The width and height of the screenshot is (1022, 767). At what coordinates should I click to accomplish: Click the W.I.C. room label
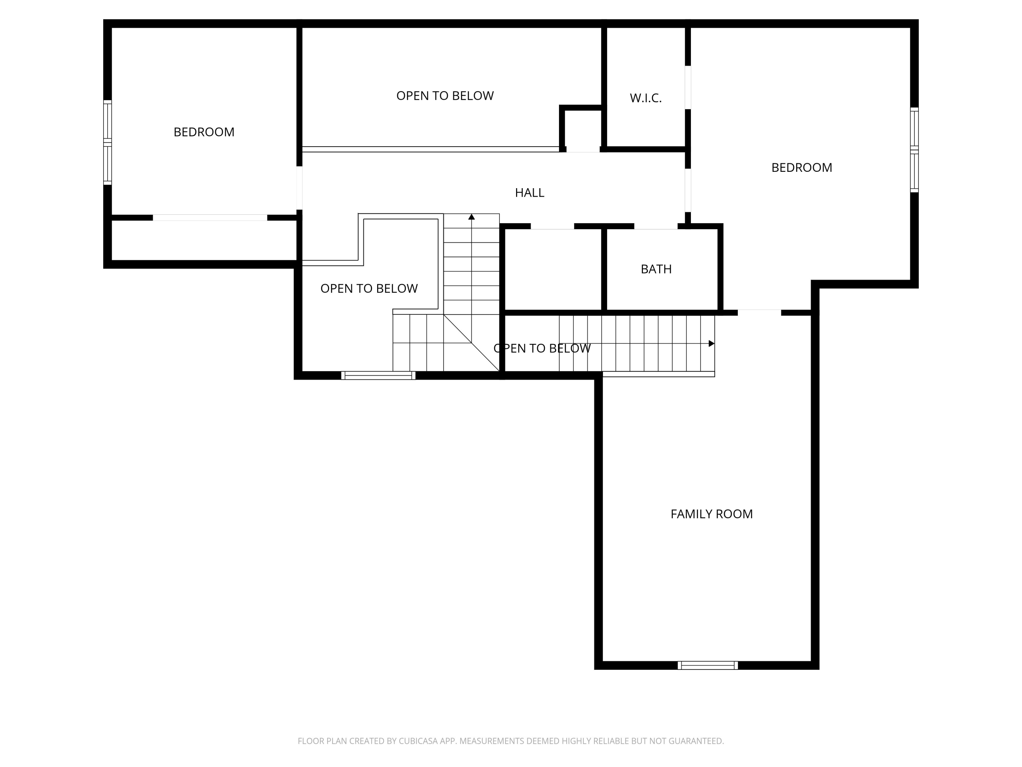tap(646, 98)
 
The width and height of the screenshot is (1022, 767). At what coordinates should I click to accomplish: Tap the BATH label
tap(656, 269)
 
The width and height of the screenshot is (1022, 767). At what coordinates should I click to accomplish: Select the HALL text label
tap(529, 193)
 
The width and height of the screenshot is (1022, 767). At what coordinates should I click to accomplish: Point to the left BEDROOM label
tap(204, 132)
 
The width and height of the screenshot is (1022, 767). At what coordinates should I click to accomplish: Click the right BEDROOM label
tap(801, 168)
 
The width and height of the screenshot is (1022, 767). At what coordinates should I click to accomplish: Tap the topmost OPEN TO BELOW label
tap(445, 96)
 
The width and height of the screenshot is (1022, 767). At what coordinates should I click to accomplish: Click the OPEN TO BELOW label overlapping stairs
tap(542, 349)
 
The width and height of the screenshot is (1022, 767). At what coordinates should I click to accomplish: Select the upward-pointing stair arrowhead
tap(471, 217)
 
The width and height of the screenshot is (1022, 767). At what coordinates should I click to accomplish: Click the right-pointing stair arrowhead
tap(712, 344)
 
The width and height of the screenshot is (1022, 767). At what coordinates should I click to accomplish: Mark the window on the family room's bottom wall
tap(707, 665)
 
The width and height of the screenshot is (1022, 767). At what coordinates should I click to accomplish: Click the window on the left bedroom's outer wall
tap(107, 142)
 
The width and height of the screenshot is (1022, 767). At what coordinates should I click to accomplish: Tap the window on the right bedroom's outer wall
tap(914, 150)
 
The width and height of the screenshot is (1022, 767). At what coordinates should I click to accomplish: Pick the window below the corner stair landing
tap(378, 375)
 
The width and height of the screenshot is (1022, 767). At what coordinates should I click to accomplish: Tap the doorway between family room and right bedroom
tap(759, 313)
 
